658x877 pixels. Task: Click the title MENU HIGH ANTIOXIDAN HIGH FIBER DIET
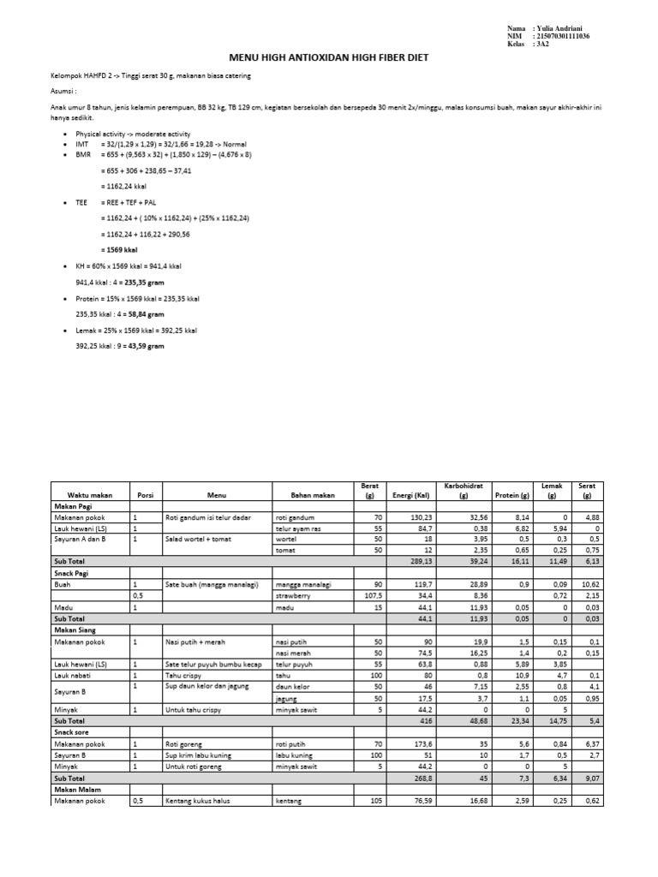[x=328, y=57]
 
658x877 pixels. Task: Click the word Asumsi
[x=63, y=90]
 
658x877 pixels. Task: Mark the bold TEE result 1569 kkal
[x=119, y=249]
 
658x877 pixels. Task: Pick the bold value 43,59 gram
[x=147, y=346]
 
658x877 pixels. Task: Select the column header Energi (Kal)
[x=411, y=494]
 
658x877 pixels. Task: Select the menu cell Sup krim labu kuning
[x=201, y=755]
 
